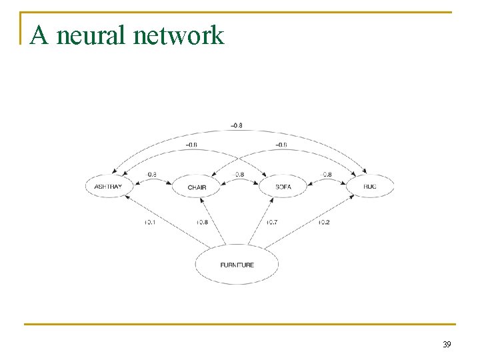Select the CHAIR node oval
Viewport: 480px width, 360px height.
pyautogui.click(x=197, y=187)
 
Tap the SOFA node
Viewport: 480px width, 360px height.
pyautogui.click(x=283, y=187)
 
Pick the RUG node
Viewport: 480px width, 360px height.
pyautogui.click(x=370, y=186)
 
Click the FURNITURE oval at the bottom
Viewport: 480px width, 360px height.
pyautogui.click(x=237, y=265)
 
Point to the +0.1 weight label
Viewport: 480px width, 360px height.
pyautogui.click(x=150, y=222)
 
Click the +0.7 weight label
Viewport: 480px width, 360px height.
pyautogui.click(x=271, y=222)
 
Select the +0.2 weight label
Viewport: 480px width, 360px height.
pyautogui.click(x=323, y=222)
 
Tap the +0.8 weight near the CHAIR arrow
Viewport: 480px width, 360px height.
pyautogui.click(x=201, y=222)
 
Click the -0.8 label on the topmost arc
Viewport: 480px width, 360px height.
pyautogui.click(x=237, y=125)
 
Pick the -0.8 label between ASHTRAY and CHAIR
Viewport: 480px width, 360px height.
pyautogui.click(x=151, y=175)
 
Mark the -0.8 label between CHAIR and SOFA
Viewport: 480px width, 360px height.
pyautogui.click(x=238, y=175)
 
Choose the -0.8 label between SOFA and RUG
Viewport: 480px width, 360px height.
pyautogui.click(x=325, y=175)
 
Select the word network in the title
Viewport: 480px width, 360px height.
pyautogui.click(x=178, y=35)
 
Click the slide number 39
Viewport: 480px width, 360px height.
pyautogui.click(x=447, y=344)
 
